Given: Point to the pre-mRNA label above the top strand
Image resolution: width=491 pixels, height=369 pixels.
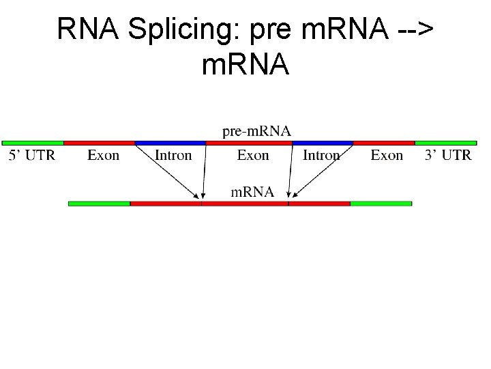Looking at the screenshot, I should pyautogui.click(x=256, y=131).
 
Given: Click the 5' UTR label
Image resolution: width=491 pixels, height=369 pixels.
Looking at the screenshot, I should pyautogui.click(x=32, y=155).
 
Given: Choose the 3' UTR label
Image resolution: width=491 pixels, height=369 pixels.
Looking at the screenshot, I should pyautogui.click(x=448, y=155).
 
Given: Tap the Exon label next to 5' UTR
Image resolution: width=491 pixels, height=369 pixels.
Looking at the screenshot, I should pyautogui.click(x=104, y=155).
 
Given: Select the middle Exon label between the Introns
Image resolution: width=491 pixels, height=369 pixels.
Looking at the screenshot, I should pyautogui.click(x=253, y=155).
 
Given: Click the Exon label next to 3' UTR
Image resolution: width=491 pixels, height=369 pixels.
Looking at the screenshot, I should pyautogui.click(x=387, y=155).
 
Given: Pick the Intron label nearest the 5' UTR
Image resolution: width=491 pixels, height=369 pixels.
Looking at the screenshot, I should pyautogui.click(x=173, y=155).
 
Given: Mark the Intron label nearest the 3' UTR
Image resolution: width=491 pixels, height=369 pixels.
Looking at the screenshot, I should pyautogui.click(x=321, y=155).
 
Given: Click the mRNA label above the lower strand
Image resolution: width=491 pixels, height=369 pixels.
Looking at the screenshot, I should pyautogui.click(x=252, y=192).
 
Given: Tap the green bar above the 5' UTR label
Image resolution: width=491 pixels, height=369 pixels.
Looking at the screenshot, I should pyautogui.click(x=33, y=143).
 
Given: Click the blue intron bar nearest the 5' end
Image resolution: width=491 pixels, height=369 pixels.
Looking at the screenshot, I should pyautogui.click(x=170, y=143).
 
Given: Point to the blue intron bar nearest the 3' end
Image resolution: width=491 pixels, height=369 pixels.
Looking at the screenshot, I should pyautogui.click(x=323, y=143).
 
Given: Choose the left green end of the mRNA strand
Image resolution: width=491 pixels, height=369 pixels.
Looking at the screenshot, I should pyautogui.click(x=99, y=203).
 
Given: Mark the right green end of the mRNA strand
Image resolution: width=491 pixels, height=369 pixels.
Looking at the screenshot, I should pyautogui.click(x=381, y=203).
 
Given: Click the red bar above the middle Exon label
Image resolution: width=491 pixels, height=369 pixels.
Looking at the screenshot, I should pyautogui.click(x=249, y=143).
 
